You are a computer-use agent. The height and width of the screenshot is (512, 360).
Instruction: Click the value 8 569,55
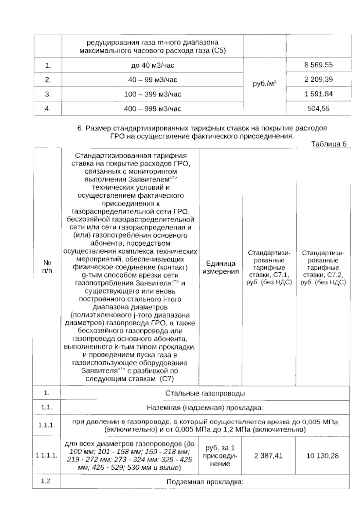[318, 65]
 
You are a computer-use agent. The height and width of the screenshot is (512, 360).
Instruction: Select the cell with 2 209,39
[318, 80]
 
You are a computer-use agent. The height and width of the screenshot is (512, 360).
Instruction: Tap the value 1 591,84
[318, 94]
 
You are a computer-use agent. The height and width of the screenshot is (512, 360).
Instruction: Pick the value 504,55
[318, 108]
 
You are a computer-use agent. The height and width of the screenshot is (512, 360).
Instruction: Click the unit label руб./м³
[265, 84]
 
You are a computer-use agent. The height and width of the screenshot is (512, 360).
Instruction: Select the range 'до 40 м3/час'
[152, 65]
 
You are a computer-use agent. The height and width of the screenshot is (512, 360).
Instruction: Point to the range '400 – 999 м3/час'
[152, 109]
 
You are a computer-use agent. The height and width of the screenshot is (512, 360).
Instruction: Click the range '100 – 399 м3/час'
[152, 94]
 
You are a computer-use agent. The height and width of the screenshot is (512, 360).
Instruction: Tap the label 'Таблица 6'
[329, 144]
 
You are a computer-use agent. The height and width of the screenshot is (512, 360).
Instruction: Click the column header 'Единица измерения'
[221, 267]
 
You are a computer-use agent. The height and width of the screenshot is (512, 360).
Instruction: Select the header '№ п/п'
[47, 266]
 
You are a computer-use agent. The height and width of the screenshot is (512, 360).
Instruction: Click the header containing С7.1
[269, 268]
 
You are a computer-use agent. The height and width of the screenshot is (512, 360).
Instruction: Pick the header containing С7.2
[323, 268]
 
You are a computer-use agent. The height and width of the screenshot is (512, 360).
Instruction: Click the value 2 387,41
[268, 456]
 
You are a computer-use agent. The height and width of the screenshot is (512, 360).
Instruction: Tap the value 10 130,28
[322, 456]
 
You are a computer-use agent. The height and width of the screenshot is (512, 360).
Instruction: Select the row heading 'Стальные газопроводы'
[205, 393]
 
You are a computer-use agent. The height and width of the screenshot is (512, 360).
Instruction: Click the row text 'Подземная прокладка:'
[205, 482]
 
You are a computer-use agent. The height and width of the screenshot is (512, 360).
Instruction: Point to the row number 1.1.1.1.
[46, 456]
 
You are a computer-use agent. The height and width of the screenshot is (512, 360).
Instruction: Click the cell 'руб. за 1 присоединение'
[220, 456]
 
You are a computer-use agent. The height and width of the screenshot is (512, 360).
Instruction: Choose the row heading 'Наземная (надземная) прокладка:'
[205, 408]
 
